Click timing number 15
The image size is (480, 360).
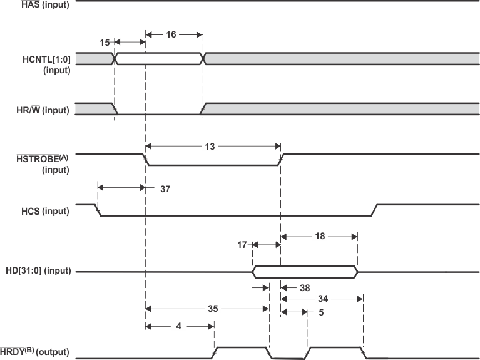105,42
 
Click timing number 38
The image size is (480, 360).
305,288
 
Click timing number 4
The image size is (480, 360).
178,326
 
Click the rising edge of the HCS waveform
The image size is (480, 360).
374,210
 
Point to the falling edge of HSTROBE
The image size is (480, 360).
146,160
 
